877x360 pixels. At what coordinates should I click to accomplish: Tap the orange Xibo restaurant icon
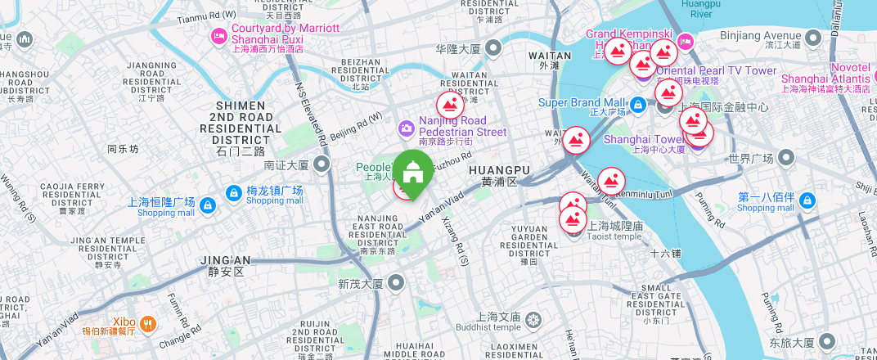pos(147,323)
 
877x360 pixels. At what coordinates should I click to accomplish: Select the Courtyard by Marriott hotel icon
pos(218,35)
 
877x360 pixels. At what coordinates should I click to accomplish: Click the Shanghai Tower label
pos(643,139)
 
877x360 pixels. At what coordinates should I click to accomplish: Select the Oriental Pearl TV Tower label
pos(716,71)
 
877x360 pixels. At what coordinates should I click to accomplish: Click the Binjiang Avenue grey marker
pos(812,37)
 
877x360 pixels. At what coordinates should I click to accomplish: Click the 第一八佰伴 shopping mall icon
pos(808,200)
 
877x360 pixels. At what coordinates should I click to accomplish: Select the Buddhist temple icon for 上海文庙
pos(533,317)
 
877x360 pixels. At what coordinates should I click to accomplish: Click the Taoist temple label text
pos(614,236)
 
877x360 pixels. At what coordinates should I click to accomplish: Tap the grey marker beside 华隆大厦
pos(493,49)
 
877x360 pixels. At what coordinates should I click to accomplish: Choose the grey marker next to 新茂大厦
pos(397,284)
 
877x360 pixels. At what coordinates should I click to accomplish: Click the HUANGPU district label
pos(499,169)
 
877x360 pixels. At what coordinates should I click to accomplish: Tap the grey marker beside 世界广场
pos(787,157)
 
